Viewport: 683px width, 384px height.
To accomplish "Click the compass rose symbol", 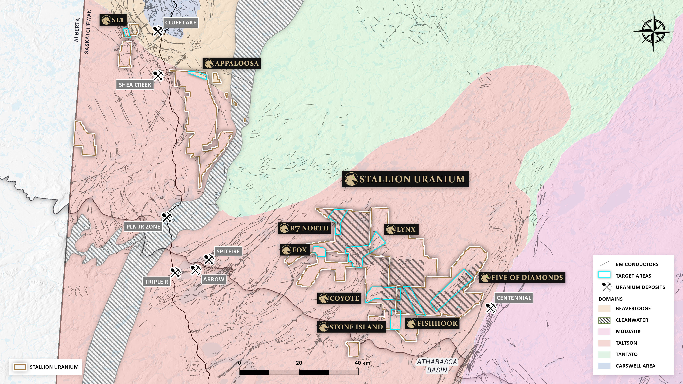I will click(x=653, y=32).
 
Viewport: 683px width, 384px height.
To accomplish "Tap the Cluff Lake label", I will click(x=181, y=23).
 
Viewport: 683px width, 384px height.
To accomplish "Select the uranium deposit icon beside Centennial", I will click(x=491, y=308).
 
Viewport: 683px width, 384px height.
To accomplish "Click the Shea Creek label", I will click(x=135, y=85).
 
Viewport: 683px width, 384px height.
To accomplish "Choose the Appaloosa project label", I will click(x=232, y=63).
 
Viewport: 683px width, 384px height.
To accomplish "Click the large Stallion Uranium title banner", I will click(x=405, y=179).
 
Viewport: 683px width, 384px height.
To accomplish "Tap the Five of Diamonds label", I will click(x=522, y=277).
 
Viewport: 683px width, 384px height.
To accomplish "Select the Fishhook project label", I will click(x=432, y=323).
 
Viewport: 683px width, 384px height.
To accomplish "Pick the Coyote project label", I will click(x=339, y=298).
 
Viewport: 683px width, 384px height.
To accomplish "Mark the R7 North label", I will click(x=304, y=228).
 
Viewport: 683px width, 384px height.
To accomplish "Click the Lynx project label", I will click(x=401, y=229).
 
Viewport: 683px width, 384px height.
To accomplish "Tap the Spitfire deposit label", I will click(x=228, y=251).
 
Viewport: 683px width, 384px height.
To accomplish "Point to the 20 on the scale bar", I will click(x=299, y=363).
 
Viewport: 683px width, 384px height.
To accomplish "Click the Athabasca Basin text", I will click(x=437, y=366).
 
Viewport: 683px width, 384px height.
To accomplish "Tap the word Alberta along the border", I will click(x=77, y=30).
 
